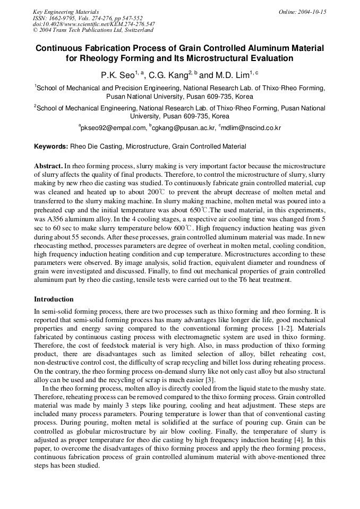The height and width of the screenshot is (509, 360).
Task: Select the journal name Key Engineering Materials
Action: click(66, 12)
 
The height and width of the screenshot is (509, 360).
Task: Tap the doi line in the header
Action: click(93, 24)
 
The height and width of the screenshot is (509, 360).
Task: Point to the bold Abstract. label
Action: click(48, 166)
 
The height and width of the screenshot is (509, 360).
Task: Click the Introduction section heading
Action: click(54, 299)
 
